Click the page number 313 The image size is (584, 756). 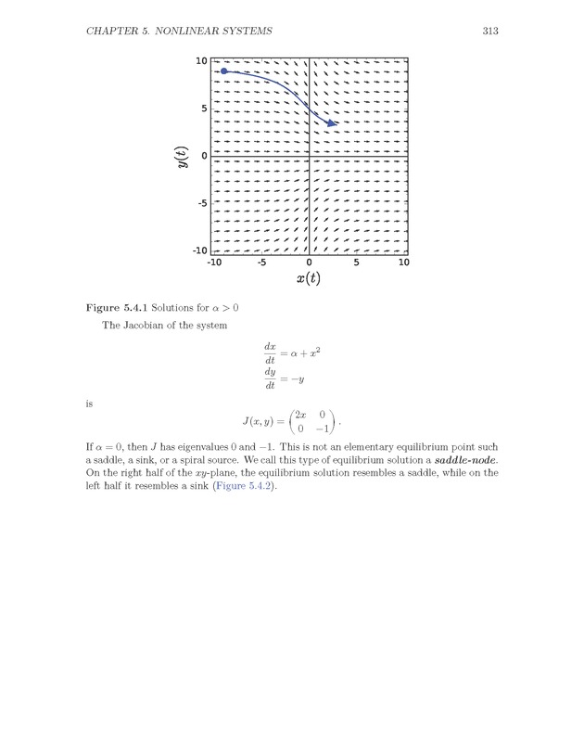coord(490,32)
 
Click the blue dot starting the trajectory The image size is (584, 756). coord(224,70)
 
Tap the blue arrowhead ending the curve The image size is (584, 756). coord(332,122)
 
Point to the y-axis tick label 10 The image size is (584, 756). coord(201,61)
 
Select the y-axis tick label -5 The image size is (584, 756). coord(199,203)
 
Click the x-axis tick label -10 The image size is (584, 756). coord(214,263)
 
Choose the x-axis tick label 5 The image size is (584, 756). coord(356,263)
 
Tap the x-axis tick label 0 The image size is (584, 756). coord(309,263)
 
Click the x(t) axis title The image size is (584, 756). coord(308,278)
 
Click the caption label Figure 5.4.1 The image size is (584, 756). coord(116,307)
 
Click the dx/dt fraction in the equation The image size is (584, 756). coord(270,353)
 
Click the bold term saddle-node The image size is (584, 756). coord(465,460)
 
